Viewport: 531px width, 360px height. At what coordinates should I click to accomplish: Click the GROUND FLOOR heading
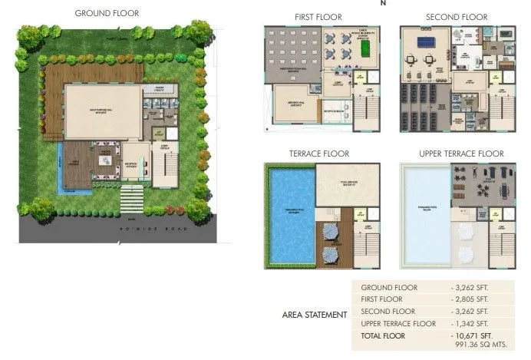pyautogui.click(x=107, y=13)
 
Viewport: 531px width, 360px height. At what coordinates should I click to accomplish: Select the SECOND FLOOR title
pyautogui.click(x=456, y=16)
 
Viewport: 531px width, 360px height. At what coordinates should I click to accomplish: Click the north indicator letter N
pyautogui.click(x=383, y=3)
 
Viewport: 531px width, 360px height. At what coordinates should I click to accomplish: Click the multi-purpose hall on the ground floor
pyautogui.click(x=102, y=112)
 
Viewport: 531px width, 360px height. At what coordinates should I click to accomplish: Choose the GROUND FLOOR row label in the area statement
pyautogui.click(x=389, y=287)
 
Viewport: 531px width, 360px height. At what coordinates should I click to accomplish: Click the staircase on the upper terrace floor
pyautogui.click(x=507, y=242)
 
